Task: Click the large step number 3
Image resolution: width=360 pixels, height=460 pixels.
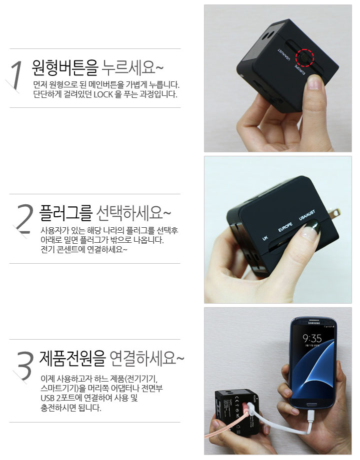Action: tap(24, 365)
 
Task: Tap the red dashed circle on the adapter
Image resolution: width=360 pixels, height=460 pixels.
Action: tap(305, 57)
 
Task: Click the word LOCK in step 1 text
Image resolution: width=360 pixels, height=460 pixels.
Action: tap(103, 94)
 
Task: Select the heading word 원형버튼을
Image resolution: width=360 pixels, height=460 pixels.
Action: tap(65, 67)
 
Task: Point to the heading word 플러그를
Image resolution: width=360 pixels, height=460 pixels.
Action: tap(66, 213)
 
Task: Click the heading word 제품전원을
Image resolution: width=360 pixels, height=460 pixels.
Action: tap(72, 358)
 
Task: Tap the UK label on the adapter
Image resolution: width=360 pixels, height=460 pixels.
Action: tap(265, 238)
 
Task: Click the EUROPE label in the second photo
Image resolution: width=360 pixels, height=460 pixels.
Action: tap(285, 227)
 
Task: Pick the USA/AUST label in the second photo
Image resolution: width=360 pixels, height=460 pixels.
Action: tap(307, 215)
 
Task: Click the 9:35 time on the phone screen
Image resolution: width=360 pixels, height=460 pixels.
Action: tap(312, 339)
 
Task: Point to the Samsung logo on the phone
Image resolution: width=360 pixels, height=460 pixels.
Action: tap(313, 323)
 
